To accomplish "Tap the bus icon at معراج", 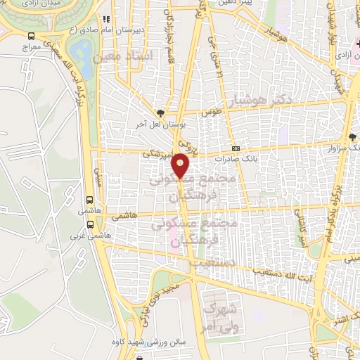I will pyautogui.click(x=32, y=36).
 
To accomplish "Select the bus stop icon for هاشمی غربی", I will pyautogui.click(x=90, y=225).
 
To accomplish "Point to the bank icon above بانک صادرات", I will pyautogui.click(x=236, y=148).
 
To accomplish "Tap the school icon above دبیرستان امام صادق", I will pyautogui.click(x=105, y=20).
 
